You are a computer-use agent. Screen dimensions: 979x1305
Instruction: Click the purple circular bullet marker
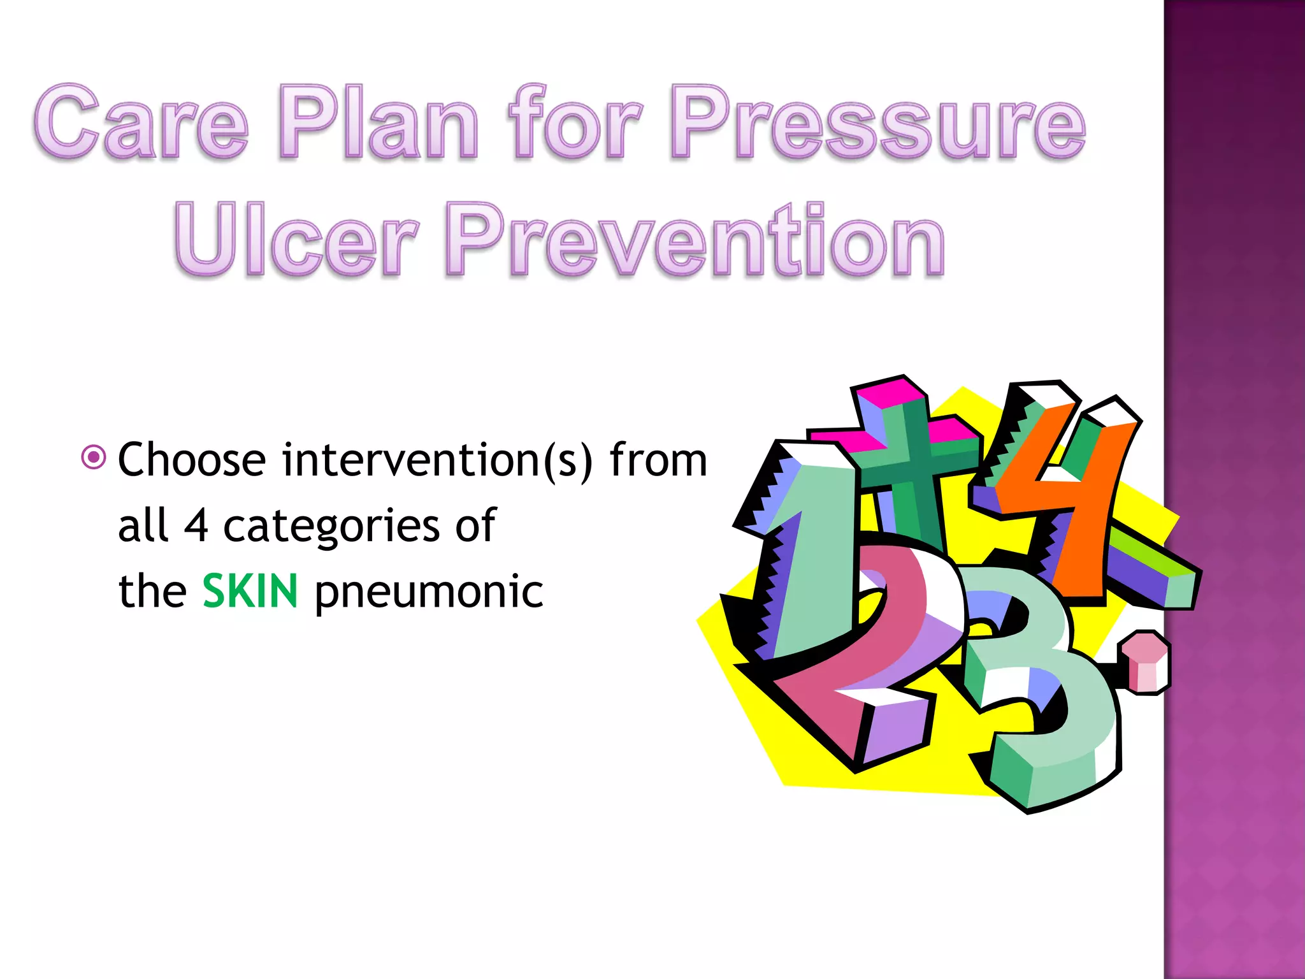click(94, 457)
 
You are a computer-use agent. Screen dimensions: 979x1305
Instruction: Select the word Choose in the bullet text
click(192, 460)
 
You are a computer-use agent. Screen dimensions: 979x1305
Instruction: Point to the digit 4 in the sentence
click(196, 526)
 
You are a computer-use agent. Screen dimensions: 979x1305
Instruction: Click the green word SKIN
click(250, 591)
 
